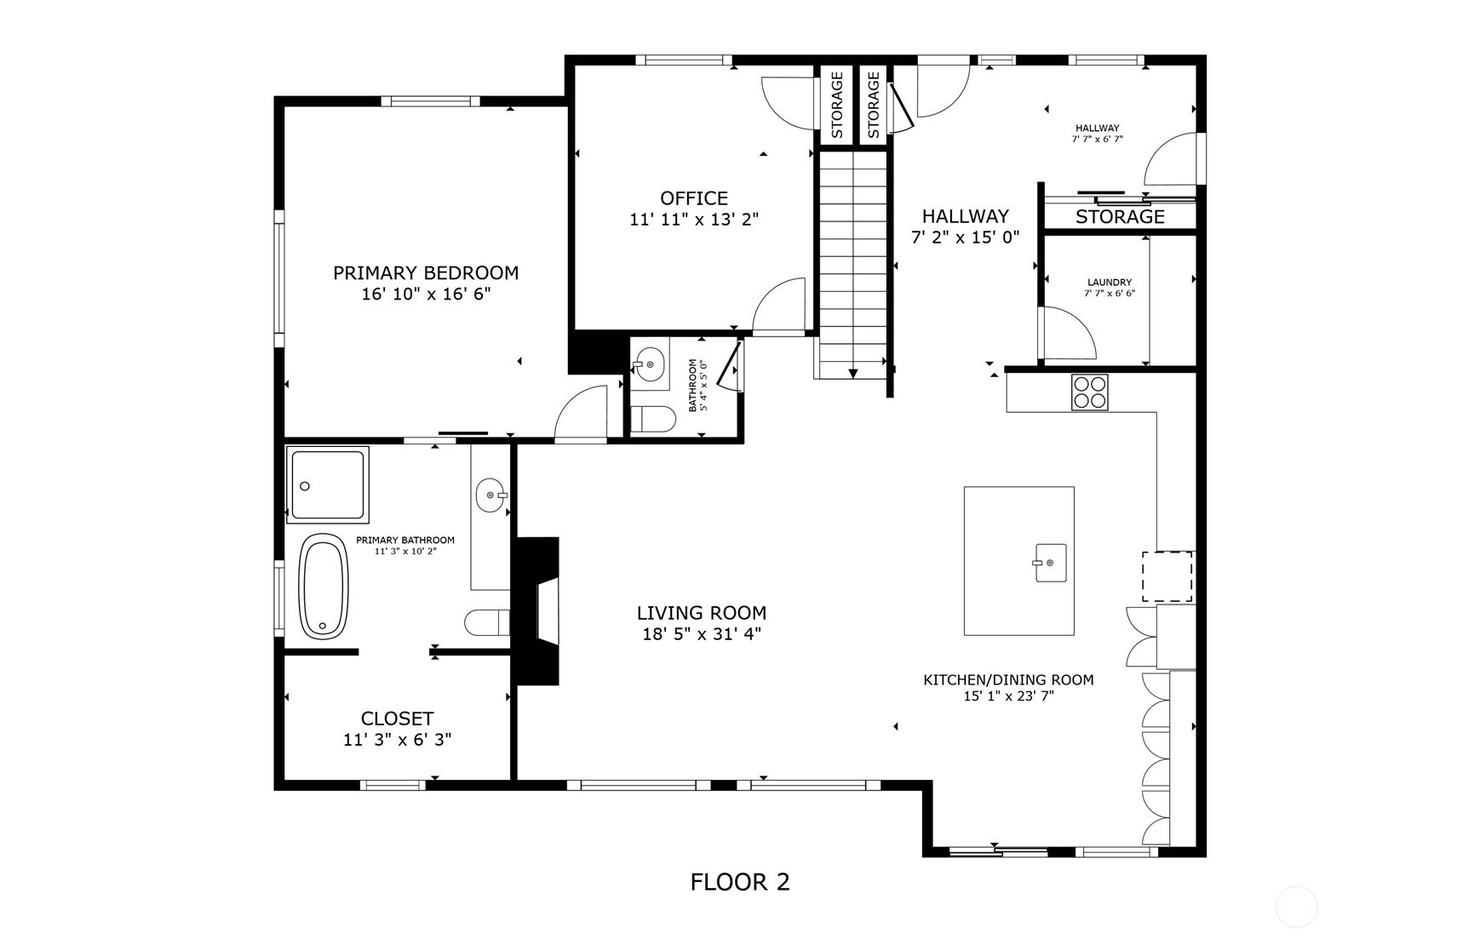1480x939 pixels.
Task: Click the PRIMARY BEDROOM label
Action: coord(426,273)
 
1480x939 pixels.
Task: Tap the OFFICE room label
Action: coord(694,198)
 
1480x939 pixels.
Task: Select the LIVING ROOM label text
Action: coord(702,613)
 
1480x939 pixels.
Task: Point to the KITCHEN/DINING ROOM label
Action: coord(1008,680)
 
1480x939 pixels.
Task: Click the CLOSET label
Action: coord(397,719)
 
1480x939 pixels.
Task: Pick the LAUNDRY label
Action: coord(1110,283)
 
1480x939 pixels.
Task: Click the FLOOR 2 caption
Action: coord(740,882)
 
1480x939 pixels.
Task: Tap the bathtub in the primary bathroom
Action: coord(324,587)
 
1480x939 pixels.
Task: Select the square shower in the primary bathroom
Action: coord(328,484)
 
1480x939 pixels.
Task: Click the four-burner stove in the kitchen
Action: coord(1090,392)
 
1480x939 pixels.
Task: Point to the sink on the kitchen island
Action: coord(1051,563)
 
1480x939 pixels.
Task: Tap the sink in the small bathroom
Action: coord(650,364)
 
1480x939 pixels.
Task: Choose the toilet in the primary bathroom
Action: coord(487,622)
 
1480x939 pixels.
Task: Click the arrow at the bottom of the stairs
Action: coord(852,373)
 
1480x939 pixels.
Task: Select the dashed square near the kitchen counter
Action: coord(1167,577)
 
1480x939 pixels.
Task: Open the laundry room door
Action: coord(1066,333)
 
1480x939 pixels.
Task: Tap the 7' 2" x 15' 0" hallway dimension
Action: coord(966,238)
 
